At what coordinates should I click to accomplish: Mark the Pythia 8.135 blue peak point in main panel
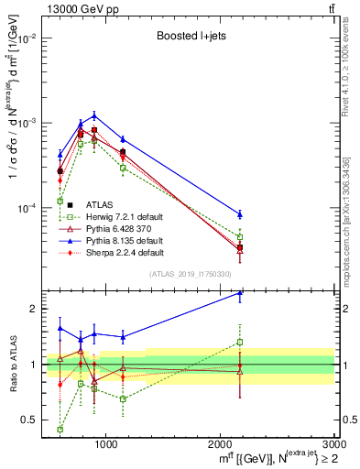pos(94,115)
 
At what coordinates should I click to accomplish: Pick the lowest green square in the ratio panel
pos(60,429)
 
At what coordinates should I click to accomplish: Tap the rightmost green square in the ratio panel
pos(240,343)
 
